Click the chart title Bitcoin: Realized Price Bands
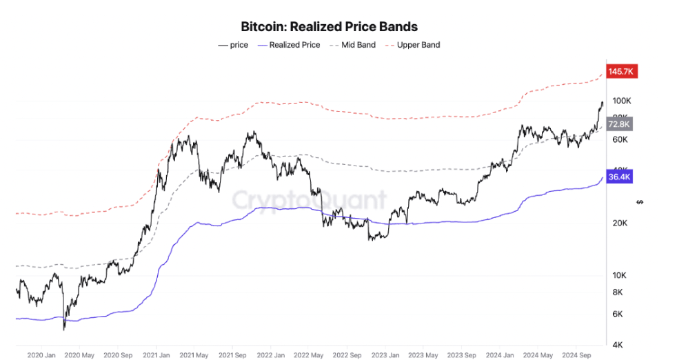329,27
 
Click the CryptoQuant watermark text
308,200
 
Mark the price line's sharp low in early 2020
63,328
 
